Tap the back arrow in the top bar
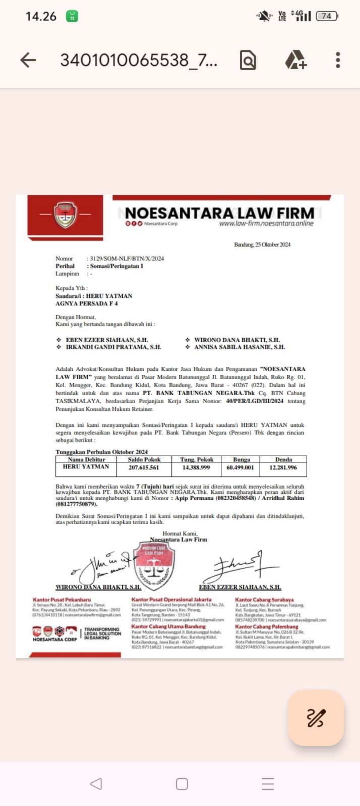click(x=28, y=60)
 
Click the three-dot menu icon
click(x=338, y=60)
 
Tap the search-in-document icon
click(x=248, y=60)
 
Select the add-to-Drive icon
click(x=295, y=60)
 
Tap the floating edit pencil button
click(x=316, y=718)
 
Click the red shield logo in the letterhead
click(x=65, y=214)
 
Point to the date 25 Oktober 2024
click(x=262, y=244)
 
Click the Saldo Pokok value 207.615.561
click(x=144, y=467)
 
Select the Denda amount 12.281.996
click(x=283, y=467)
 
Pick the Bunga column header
click(x=242, y=460)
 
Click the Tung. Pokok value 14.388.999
click(x=196, y=467)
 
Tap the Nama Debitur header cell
click(x=86, y=460)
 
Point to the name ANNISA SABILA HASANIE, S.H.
click(x=239, y=347)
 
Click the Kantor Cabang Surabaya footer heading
click(x=264, y=600)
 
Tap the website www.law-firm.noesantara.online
click(x=266, y=223)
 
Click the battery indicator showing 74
click(x=326, y=16)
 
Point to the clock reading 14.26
click(x=41, y=16)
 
